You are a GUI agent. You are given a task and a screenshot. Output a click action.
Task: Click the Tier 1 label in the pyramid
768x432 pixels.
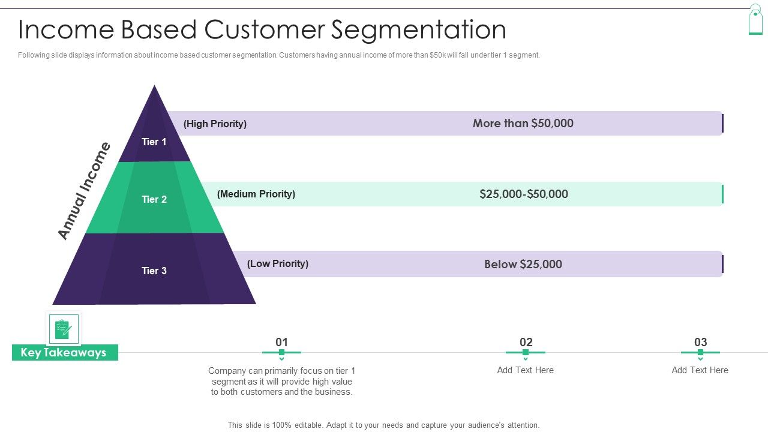[154, 142]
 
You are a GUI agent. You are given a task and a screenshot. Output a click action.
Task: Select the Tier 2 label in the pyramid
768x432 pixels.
[154, 199]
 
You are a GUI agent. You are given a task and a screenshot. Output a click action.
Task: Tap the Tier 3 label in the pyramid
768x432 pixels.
[154, 271]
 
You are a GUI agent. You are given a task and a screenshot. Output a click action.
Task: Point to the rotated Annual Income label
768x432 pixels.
[85, 191]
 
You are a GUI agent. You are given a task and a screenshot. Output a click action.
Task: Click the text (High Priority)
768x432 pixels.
[215, 124]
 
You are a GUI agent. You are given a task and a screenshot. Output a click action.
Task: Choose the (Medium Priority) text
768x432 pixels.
[256, 194]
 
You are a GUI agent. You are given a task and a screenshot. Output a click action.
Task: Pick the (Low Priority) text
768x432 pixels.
[278, 263]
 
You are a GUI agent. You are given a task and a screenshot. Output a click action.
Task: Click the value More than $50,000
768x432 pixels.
[523, 123]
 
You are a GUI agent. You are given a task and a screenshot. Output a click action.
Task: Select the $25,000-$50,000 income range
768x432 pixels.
[524, 194]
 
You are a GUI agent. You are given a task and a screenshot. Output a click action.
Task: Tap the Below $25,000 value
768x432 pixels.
[523, 264]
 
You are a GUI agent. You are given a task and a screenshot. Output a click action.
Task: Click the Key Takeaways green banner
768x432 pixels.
[64, 353]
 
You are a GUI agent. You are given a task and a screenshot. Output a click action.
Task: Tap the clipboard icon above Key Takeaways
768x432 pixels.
[63, 329]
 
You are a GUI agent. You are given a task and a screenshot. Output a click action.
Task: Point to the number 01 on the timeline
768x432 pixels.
[281, 342]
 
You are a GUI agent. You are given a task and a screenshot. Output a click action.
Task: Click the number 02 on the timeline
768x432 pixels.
[526, 342]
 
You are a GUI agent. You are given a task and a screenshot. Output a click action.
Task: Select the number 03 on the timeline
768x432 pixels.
[700, 342]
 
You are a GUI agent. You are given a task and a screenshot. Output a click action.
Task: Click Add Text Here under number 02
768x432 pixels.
[526, 370]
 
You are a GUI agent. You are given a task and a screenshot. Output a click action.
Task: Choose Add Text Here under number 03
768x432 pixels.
[700, 370]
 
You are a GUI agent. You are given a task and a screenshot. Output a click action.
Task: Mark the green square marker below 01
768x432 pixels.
[281, 352]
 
